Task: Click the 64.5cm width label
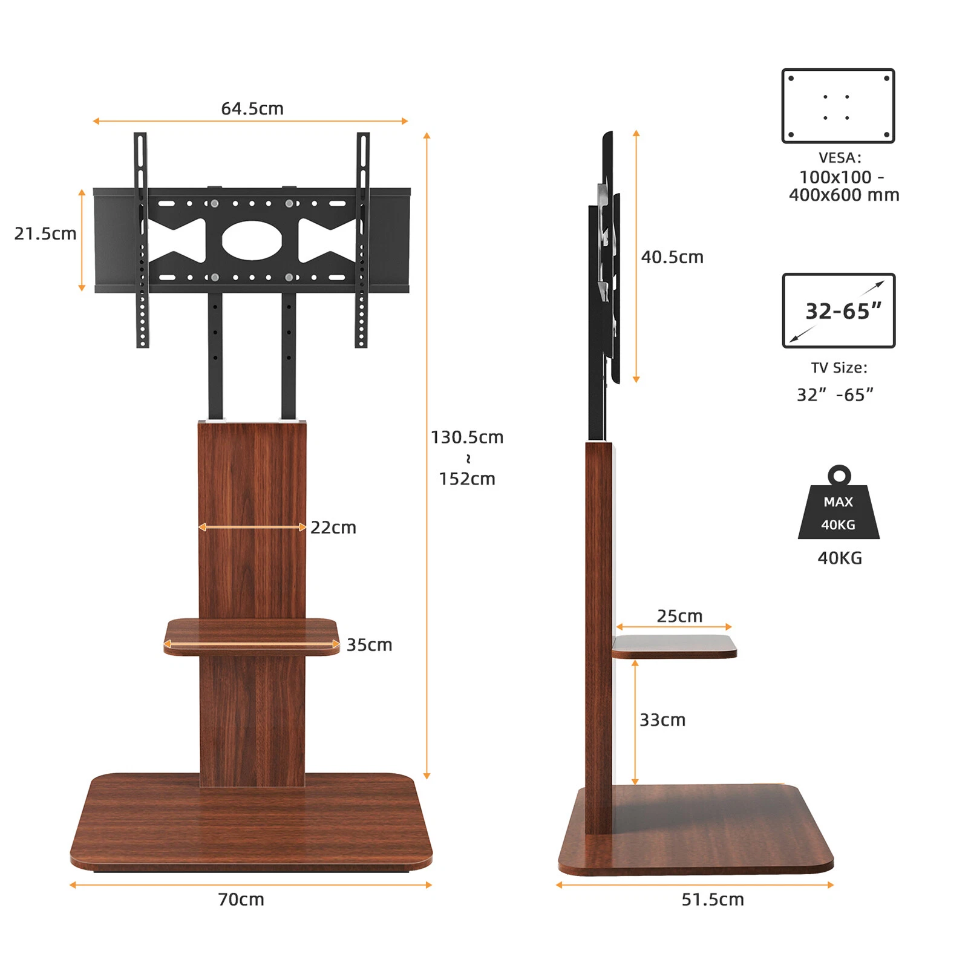click(252, 109)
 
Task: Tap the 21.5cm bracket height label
click(45, 234)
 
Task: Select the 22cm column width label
click(333, 528)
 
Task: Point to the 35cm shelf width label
click(369, 645)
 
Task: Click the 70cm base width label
click(241, 900)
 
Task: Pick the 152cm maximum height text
click(466, 479)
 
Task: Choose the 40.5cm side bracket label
click(672, 257)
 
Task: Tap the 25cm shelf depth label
click(679, 616)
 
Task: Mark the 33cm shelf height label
click(662, 720)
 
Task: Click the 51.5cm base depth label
click(713, 900)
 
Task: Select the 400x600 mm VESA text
click(844, 195)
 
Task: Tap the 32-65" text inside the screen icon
click(843, 311)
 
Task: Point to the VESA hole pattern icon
click(838, 106)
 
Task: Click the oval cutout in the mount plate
click(252, 240)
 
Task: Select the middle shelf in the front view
click(252, 636)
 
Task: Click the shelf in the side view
click(674, 646)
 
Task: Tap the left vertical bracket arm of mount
click(141, 240)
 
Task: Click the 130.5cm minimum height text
click(466, 437)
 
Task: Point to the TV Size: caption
click(839, 368)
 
